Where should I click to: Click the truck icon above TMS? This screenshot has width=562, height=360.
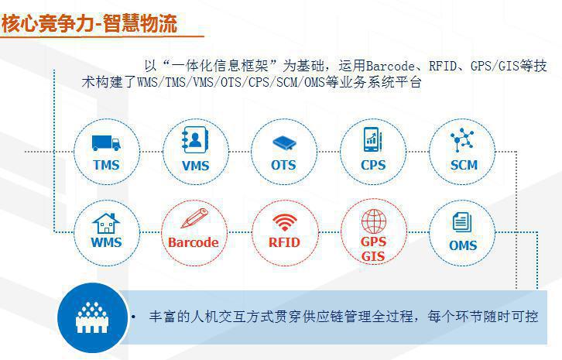(x=106, y=142)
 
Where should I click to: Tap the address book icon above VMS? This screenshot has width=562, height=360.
(x=194, y=140)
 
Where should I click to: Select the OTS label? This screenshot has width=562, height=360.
(x=283, y=166)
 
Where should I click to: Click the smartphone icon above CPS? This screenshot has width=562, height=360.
(x=373, y=139)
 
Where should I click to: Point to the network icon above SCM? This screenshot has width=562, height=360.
(x=462, y=140)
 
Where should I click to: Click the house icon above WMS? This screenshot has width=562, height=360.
(x=106, y=224)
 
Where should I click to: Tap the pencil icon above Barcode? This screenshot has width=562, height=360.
(x=194, y=218)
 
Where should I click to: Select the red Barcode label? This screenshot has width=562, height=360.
(x=194, y=242)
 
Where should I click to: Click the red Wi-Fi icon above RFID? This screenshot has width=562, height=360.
(x=285, y=222)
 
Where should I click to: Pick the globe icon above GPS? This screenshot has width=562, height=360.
(x=373, y=221)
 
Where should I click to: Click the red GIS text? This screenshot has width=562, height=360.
(x=373, y=256)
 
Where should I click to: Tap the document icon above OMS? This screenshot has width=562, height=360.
(x=461, y=222)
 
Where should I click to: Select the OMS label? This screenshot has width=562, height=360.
(x=463, y=245)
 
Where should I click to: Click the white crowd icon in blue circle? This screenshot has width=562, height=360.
(x=92, y=317)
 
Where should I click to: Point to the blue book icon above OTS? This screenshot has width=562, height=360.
(x=284, y=143)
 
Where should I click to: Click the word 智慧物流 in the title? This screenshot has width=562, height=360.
(x=140, y=24)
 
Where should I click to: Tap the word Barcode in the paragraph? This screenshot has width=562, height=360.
(x=390, y=66)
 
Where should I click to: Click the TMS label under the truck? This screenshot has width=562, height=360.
(x=106, y=166)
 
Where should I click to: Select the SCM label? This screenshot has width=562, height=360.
(x=464, y=166)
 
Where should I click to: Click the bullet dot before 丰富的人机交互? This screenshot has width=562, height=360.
(x=133, y=317)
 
